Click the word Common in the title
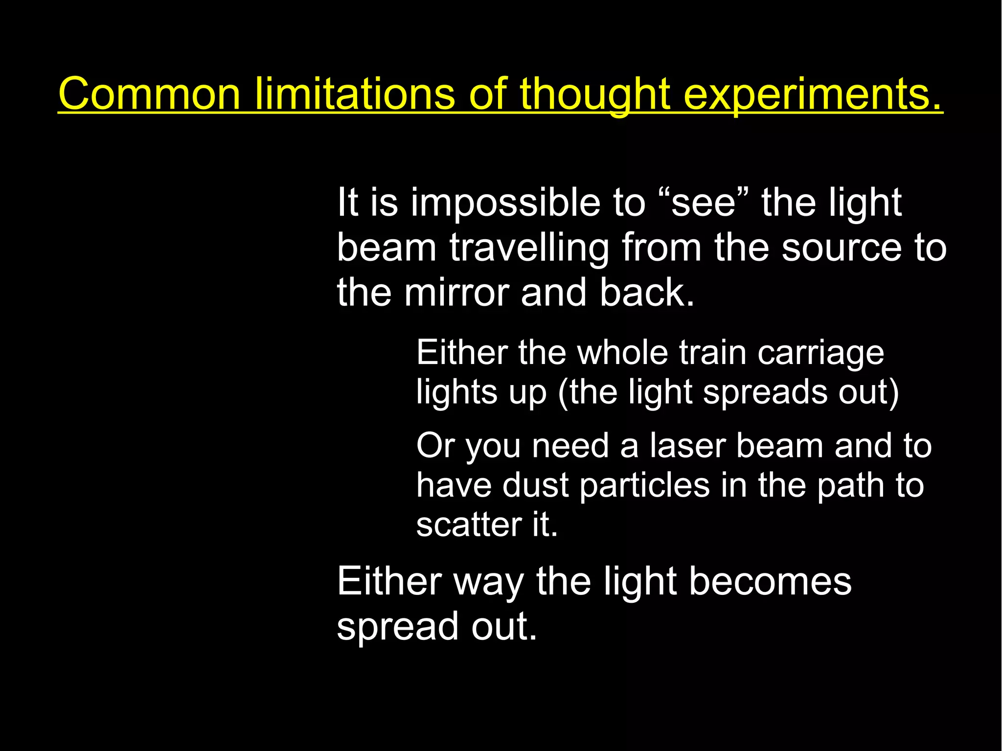(x=149, y=94)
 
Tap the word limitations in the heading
(x=355, y=94)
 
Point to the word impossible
(x=505, y=203)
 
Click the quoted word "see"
(x=703, y=203)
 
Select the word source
(x=841, y=248)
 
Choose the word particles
(x=644, y=485)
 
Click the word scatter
(x=469, y=525)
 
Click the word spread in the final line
(x=397, y=627)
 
